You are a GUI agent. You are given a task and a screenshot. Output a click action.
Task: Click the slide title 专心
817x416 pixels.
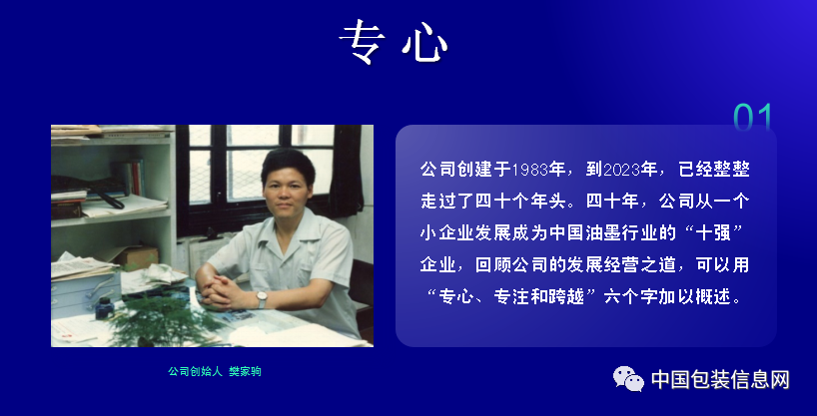[x=394, y=43]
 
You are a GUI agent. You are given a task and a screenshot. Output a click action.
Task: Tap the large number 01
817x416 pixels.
[x=752, y=117]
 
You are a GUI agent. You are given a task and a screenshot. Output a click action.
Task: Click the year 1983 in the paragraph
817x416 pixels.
[x=530, y=171]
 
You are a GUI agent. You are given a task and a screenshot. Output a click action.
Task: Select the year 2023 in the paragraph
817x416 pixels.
[x=621, y=171]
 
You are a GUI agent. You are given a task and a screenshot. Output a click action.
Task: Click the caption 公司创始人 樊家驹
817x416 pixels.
[x=214, y=371]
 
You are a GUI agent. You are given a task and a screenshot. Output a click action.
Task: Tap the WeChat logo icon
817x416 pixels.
[x=628, y=378]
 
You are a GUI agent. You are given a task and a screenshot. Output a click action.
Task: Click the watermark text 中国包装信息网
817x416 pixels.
[x=720, y=379]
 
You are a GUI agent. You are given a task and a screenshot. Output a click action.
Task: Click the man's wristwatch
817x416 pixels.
[x=261, y=299]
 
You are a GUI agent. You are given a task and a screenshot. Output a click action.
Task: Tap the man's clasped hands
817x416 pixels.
[x=221, y=290]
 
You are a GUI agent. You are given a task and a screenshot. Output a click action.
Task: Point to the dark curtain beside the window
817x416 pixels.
[x=345, y=171]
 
